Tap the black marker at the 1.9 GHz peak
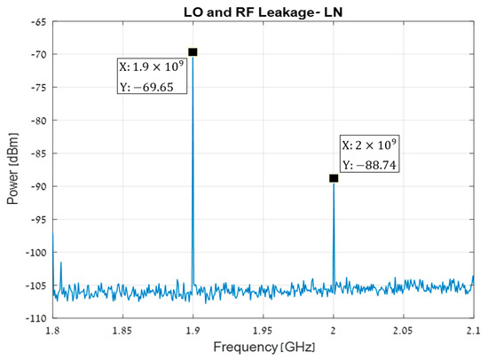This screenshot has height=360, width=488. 193,52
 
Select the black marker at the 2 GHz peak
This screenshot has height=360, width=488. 334,178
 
